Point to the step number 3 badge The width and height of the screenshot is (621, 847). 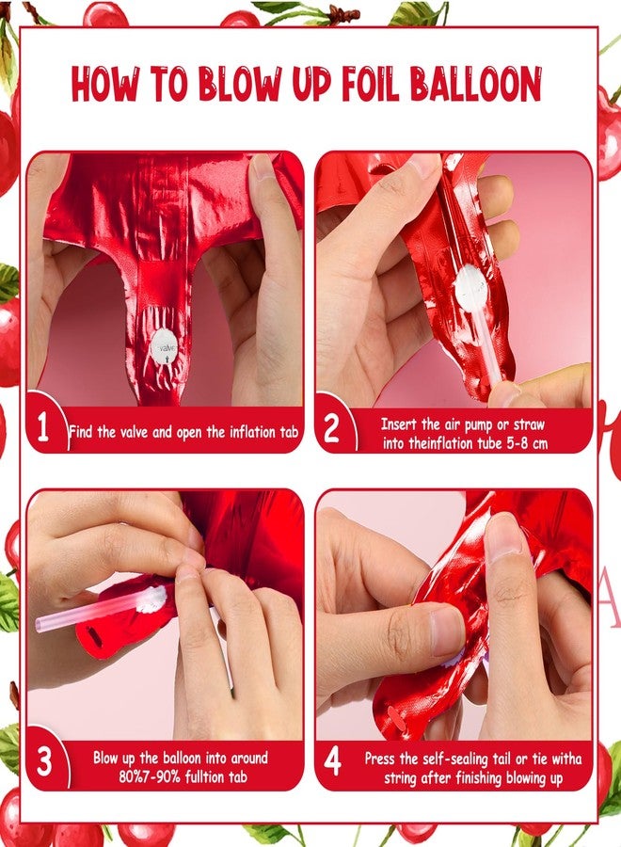[44, 761]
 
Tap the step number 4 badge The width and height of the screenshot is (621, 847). [332, 761]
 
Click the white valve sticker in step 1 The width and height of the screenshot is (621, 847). [164, 347]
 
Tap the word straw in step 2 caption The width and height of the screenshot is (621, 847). [529, 424]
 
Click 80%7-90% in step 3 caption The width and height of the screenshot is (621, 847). [151, 777]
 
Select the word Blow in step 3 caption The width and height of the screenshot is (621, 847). [106, 758]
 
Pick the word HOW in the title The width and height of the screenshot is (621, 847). [104, 84]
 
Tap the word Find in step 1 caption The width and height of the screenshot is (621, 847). [82, 432]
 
